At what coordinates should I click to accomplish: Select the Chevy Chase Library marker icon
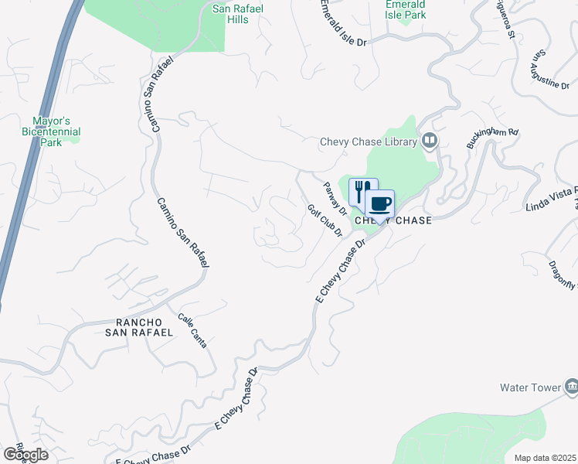[x=430, y=141]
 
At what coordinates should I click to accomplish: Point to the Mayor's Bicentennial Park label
[x=50, y=131]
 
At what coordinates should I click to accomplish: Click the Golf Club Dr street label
[x=325, y=221]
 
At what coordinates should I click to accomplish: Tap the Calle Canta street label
[x=192, y=330]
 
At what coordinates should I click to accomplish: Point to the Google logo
[x=25, y=455]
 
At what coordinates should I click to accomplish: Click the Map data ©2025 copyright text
[x=546, y=458]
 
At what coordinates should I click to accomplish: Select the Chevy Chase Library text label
[x=369, y=142]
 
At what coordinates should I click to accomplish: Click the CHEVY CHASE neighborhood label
[x=393, y=220]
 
